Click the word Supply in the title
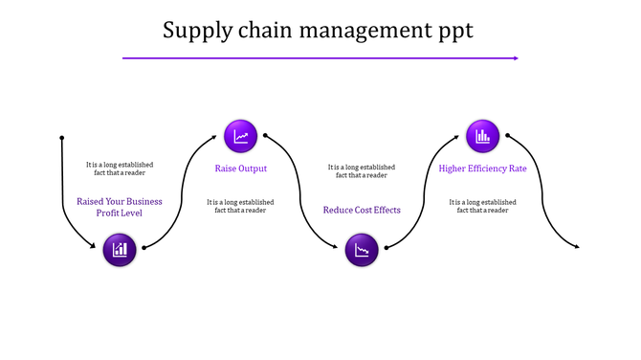[x=196, y=31]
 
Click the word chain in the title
[x=265, y=31]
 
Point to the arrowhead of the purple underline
[x=516, y=58]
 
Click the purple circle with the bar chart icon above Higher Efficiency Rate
[x=482, y=136]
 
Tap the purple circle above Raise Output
[x=240, y=136]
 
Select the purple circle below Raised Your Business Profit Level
[x=120, y=250]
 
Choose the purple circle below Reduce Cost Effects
[x=362, y=251]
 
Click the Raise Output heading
[x=240, y=169]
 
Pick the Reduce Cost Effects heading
[x=362, y=210]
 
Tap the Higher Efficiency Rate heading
[x=482, y=169]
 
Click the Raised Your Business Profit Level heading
[x=120, y=207]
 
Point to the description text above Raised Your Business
[x=120, y=169]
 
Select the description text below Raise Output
[x=240, y=206]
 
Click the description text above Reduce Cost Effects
[x=362, y=170]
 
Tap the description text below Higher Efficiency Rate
[x=482, y=206]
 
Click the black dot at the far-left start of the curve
[x=62, y=137]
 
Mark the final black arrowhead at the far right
[x=576, y=247]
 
